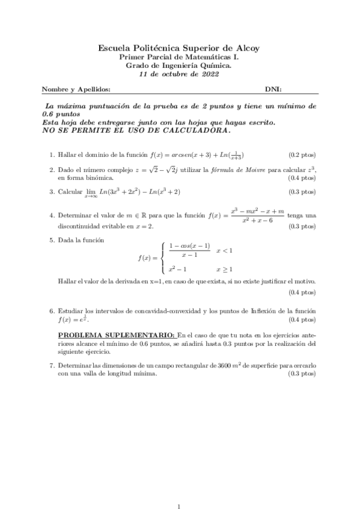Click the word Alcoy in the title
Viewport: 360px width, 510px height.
pyautogui.click(x=249, y=48)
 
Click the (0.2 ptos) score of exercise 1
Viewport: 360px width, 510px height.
pyautogui.click(x=302, y=154)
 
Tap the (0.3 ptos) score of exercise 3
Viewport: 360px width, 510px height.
pyautogui.click(x=302, y=192)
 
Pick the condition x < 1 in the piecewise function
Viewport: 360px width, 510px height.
pyautogui.click(x=224, y=250)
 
